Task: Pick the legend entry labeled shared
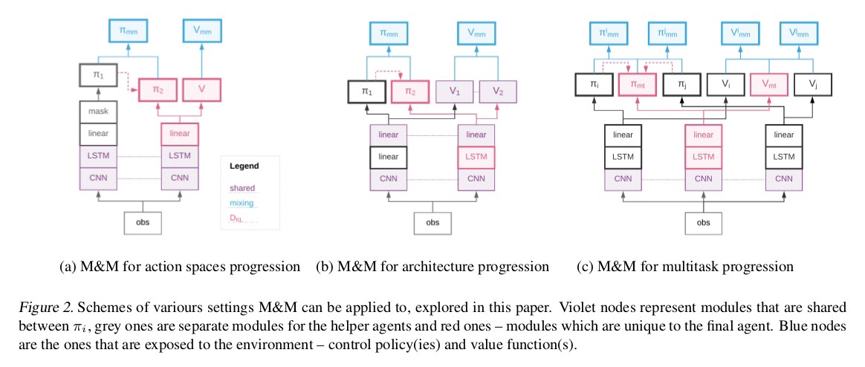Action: [x=242, y=188]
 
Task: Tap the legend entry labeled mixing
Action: [x=242, y=203]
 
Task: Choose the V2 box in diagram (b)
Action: [x=498, y=91]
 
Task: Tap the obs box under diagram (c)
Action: [x=702, y=222]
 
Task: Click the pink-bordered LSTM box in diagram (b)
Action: [x=476, y=157]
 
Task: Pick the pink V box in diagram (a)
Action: [x=201, y=89]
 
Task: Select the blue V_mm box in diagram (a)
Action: [x=201, y=33]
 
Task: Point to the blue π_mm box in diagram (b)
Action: [x=389, y=33]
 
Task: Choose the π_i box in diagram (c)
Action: [x=595, y=85]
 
